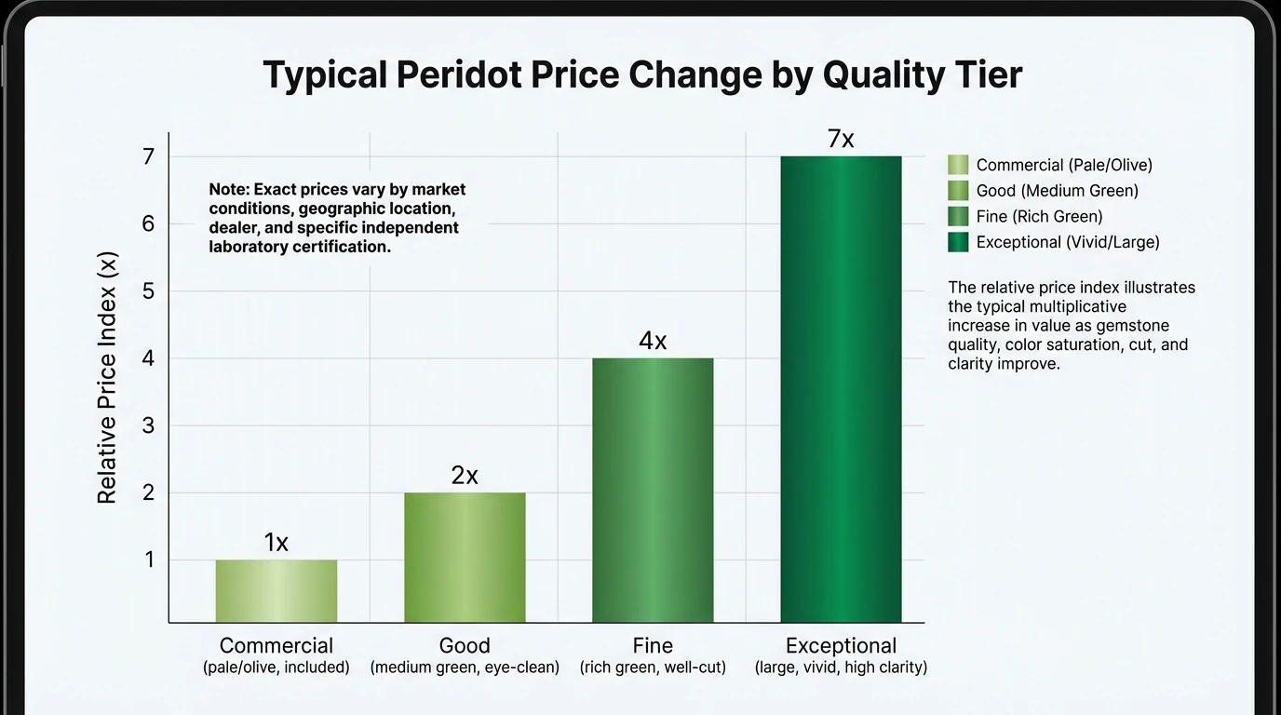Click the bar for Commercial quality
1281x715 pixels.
(276, 591)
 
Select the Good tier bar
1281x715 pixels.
(465, 558)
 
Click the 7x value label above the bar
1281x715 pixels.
(841, 140)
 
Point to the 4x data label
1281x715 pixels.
(653, 342)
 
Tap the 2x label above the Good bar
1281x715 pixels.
(465, 476)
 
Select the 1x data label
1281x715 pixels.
(276, 543)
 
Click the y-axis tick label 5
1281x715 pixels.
(148, 291)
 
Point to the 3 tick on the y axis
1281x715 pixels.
(148, 425)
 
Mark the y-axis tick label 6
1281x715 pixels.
(148, 224)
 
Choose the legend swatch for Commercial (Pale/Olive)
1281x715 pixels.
(958, 165)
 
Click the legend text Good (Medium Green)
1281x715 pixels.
(1057, 191)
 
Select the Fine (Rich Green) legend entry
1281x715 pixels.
(1039, 216)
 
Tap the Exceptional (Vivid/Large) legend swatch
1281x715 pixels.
(958, 242)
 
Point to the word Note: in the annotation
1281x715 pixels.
(229, 189)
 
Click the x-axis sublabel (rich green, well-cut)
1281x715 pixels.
(653, 668)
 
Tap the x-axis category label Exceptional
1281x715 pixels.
(841, 645)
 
